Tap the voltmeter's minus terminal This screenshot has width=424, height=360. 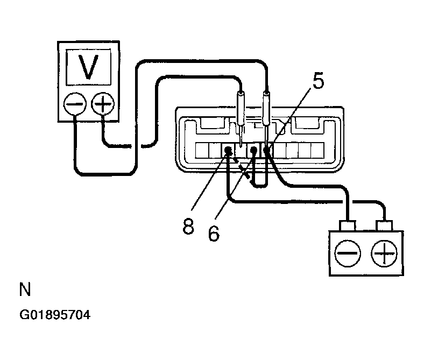click(75, 104)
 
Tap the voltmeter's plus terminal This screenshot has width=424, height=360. click(103, 104)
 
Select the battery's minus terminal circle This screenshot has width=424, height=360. click(348, 253)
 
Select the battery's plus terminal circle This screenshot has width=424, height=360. click(384, 253)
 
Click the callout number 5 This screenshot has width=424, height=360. click(319, 81)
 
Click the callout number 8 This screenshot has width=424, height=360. click(188, 227)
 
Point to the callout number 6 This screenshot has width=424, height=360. click(214, 233)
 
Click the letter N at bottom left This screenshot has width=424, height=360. click(25, 290)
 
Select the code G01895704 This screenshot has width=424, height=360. click(55, 315)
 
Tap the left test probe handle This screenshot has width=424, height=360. click(241, 108)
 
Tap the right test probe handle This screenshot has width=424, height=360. click(266, 108)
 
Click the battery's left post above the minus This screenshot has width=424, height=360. click(348, 226)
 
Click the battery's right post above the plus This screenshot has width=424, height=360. click(384, 226)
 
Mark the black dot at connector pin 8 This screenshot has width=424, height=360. click(228, 150)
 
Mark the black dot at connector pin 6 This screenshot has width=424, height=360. click(253, 150)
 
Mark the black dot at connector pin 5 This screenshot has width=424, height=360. click(267, 150)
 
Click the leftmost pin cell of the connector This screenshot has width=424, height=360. click(202, 150)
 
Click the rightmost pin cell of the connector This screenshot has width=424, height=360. click(317, 150)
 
